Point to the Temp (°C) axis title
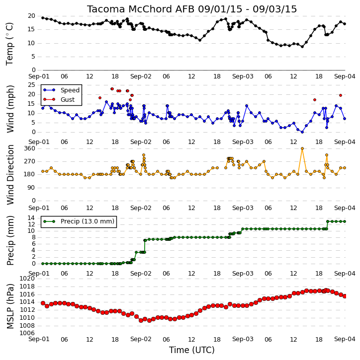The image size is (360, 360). pos(9,44)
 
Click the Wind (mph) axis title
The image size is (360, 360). pos(10,109)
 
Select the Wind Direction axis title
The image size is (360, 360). pos(10,175)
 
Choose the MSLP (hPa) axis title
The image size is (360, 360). pos(10,306)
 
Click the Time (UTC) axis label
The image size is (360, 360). pos(192,350)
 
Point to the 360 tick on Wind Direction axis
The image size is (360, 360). pos(30,148)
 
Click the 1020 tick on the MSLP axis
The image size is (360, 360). pos(27,279)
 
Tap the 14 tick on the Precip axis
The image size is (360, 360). pos(31,217)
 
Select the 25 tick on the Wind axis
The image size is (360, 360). pos(31,85)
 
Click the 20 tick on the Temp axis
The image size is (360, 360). pos(31,16)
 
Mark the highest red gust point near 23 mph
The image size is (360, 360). pos(112,89)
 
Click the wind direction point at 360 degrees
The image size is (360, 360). pos(302,148)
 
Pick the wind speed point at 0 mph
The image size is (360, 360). pos(302,132)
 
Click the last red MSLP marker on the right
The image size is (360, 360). pos(345,296)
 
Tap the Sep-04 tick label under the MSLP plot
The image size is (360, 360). pos(345,339)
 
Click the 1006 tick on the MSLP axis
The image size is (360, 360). pos(27,333)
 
